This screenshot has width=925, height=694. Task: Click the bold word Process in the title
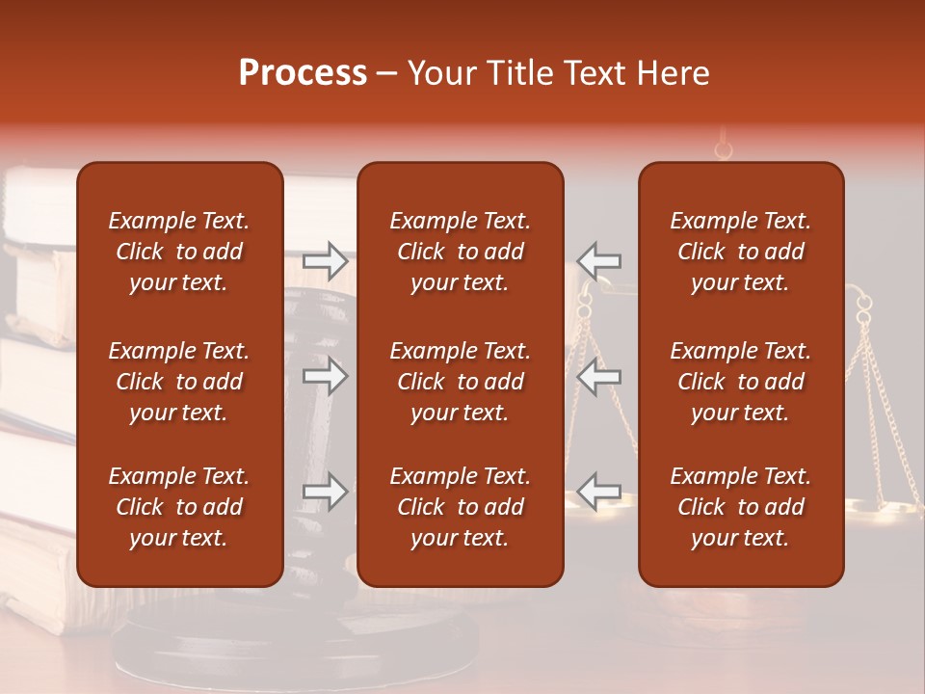303,73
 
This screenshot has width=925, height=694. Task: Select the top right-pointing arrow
325,259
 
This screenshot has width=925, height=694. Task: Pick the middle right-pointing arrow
325,376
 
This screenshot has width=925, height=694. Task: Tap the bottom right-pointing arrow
325,492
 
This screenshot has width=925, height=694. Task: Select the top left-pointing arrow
599,259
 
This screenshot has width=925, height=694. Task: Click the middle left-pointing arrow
599,376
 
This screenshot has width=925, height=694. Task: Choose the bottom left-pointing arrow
599,492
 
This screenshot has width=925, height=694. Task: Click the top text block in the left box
179,252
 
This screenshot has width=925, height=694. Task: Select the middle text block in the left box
179,382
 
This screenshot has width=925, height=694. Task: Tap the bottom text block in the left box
179,507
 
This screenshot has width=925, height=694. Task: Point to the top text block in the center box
461,252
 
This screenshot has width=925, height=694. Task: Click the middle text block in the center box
461,382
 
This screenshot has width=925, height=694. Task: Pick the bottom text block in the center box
461,507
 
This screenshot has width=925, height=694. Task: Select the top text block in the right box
741,252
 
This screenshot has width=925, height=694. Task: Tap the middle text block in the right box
741,382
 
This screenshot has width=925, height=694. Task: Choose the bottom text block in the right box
741,507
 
